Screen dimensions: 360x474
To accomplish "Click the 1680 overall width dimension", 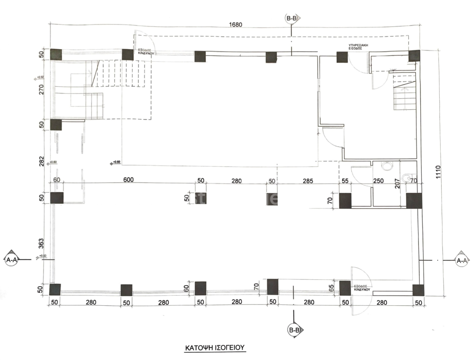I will click(235, 25).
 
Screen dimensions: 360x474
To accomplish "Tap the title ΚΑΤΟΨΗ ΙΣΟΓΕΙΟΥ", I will click(214, 347).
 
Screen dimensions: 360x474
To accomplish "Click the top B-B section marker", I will click(292, 19).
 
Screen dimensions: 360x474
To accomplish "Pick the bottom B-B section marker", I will click(294, 330).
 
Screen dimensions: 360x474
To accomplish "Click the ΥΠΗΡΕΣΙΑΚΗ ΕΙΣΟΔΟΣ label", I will click(361, 47).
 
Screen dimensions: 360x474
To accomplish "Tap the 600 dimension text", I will click(128, 180).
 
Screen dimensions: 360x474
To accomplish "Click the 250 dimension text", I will click(379, 181).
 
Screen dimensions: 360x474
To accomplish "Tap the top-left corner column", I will click(56, 53).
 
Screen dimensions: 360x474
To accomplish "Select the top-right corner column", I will click(414, 56).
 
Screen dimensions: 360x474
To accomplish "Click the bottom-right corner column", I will click(418, 290).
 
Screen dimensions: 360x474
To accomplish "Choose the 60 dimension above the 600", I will click(57, 180).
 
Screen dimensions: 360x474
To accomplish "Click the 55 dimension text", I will click(344, 181).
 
